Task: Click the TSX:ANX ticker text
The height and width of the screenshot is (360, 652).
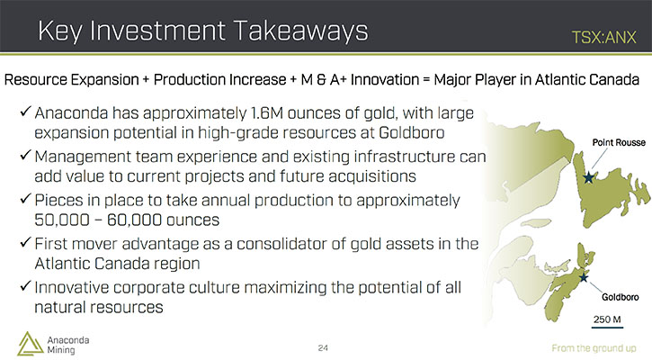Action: (x=603, y=38)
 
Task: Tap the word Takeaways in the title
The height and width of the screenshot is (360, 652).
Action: (x=300, y=31)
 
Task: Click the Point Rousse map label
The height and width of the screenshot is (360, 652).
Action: (x=619, y=143)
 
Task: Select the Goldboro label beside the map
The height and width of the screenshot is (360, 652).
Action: (x=621, y=297)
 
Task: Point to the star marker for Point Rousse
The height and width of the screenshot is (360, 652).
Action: (x=588, y=177)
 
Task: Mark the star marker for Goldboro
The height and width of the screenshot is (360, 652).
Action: (x=584, y=277)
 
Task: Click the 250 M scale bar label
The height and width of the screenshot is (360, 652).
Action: (x=607, y=319)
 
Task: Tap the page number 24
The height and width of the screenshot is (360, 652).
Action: (x=323, y=348)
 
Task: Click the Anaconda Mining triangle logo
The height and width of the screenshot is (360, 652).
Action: (x=30, y=344)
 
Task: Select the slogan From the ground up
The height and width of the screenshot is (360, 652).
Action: (x=594, y=348)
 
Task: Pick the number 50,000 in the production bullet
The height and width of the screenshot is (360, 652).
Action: (x=62, y=220)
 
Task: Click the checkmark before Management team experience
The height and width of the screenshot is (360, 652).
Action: (x=25, y=155)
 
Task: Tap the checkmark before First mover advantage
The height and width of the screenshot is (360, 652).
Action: (x=25, y=242)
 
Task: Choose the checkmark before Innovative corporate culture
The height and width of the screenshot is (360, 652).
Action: (x=25, y=286)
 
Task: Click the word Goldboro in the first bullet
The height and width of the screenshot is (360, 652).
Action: (x=412, y=133)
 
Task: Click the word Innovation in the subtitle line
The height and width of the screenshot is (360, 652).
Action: (x=385, y=79)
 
